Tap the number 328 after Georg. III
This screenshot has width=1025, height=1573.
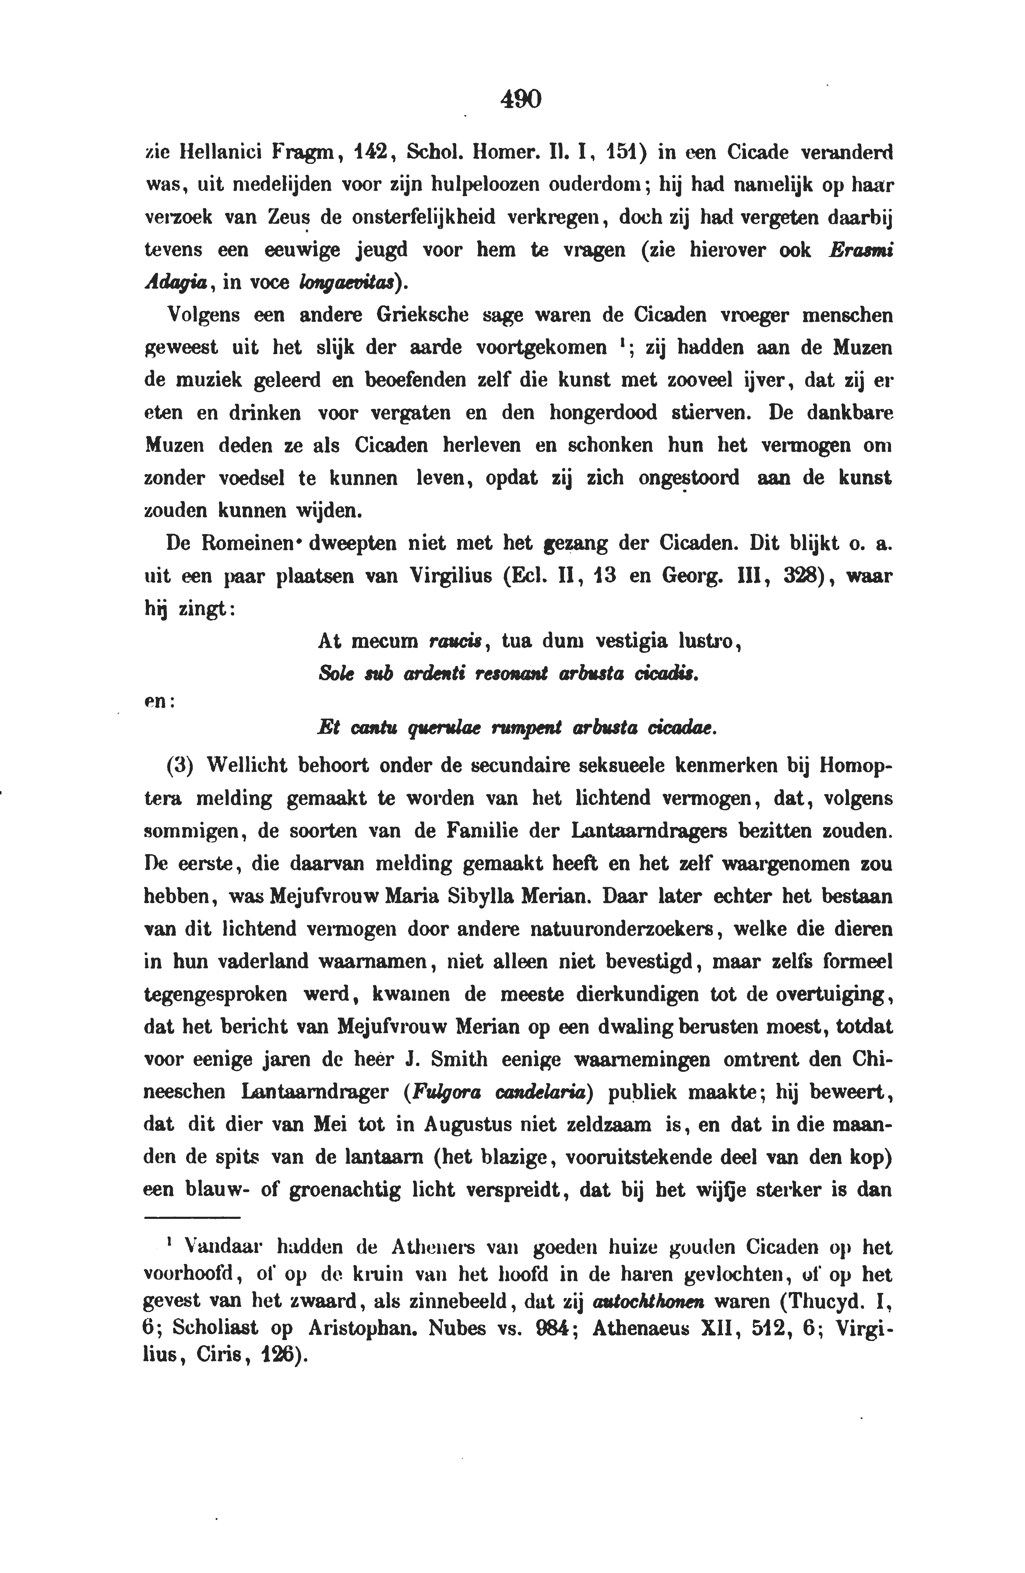(801, 576)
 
